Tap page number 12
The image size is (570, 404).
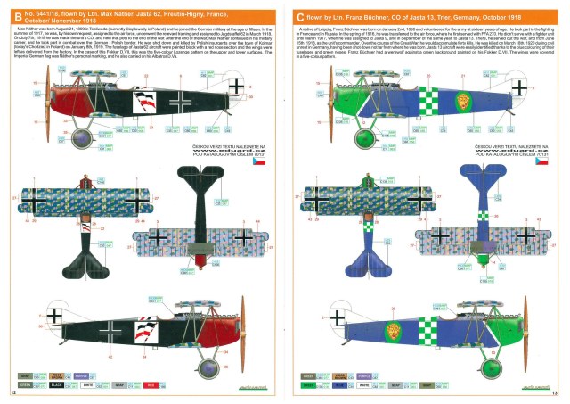pos(12,392)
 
